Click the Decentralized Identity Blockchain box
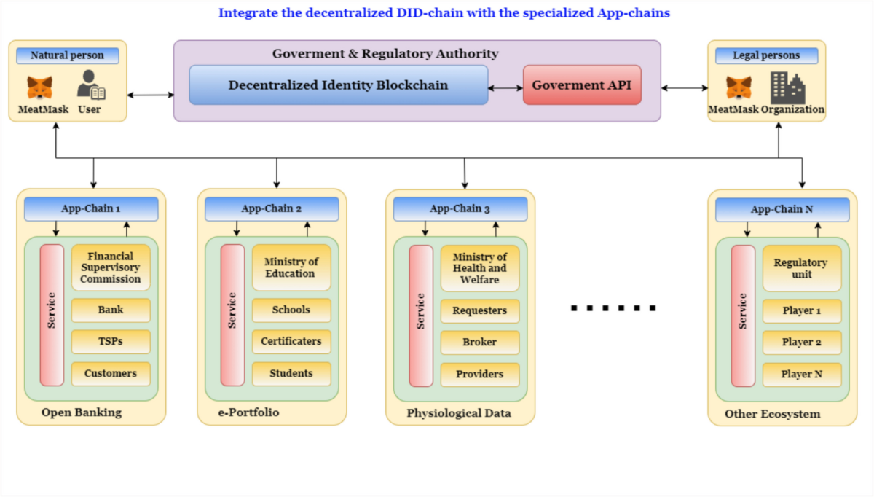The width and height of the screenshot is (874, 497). point(338,85)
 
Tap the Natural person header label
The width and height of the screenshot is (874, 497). point(67,55)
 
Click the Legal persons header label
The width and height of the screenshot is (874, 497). point(766,55)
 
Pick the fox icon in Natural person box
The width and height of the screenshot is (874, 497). point(40,87)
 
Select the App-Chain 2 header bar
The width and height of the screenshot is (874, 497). point(272,209)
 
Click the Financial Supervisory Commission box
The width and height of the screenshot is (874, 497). point(111,267)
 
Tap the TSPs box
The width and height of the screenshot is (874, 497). point(111,342)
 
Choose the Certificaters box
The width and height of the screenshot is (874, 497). point(291,342)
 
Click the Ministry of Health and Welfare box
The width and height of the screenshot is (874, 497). point(479,268)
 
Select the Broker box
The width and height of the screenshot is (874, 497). point(479,343)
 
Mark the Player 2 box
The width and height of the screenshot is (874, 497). point(802,343)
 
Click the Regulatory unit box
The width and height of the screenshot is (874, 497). point(801,268)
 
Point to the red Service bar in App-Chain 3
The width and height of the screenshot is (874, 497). point(421,315)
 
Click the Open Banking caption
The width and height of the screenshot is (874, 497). point(81,413)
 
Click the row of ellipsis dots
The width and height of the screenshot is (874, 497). point(613,308)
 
